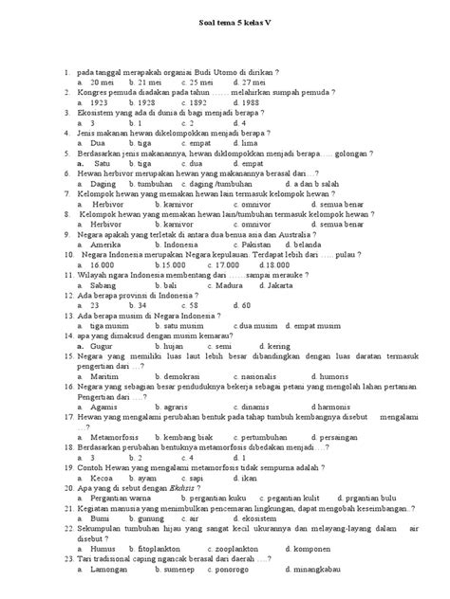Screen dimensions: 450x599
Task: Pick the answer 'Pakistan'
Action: [250, 244]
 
